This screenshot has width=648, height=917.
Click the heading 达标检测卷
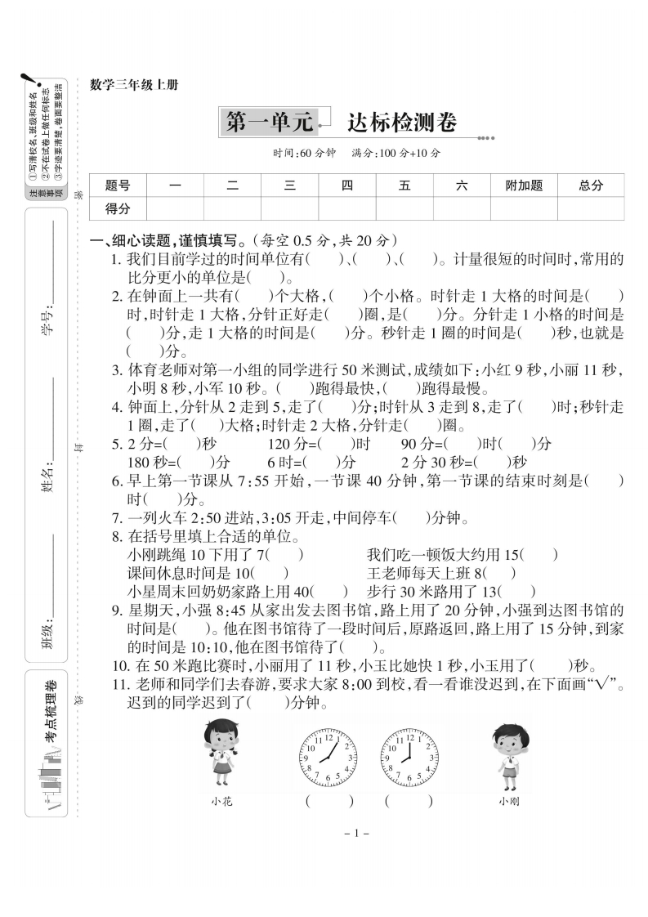click(x=401, y=123)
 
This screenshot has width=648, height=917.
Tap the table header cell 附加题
click(x=524, y=186)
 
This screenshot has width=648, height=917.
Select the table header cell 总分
click(x=591, y=186)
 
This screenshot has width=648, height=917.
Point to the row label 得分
click(x=118, y=208)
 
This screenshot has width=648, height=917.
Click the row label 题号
click(x=118, y=186)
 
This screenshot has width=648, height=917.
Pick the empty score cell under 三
click(x=289, y=208)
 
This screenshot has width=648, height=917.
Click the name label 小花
click(x=221, y=802)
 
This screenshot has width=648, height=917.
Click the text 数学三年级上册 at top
click(x=133, y=84)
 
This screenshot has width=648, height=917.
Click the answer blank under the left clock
click(x=329, y=802)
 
